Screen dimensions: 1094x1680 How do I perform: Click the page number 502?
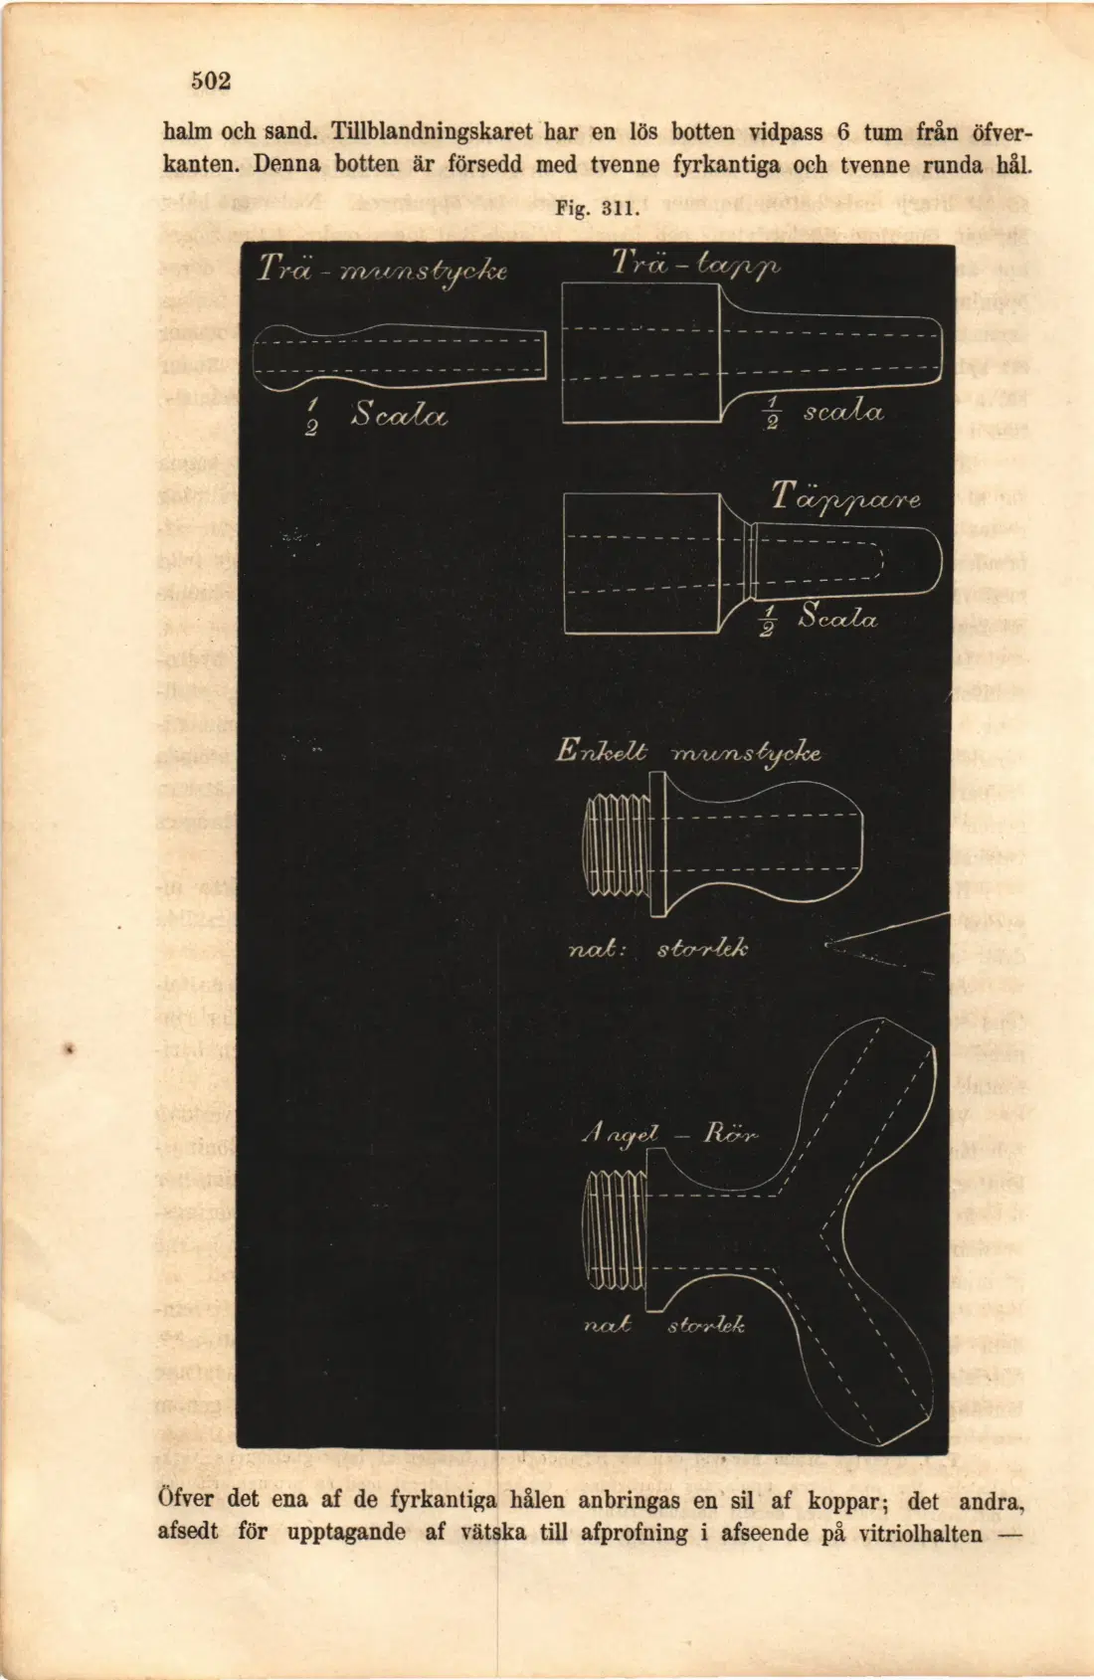(x=211, y=81)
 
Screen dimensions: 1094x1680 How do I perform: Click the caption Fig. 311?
(x=597, y=208)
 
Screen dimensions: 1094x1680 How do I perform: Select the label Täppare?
(x=845, y=498)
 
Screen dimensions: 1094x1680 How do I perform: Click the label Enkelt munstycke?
(x=688, y=752)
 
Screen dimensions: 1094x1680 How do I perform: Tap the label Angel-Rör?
(x=670, y=1133)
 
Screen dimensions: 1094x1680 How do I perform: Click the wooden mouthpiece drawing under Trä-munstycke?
(x=399, y=357)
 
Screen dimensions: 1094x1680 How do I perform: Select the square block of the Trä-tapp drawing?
(x=641, y=352)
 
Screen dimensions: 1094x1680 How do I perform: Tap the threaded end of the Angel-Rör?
(x=614, y=1231)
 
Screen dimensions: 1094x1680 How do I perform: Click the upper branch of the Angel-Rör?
(x=862, y=1102)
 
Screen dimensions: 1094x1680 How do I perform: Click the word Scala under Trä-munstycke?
(x=399, y=415)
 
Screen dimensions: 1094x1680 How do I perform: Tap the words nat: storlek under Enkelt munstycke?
(x=658, y=949)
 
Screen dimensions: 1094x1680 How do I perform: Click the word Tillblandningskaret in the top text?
(x=432, y=132)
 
